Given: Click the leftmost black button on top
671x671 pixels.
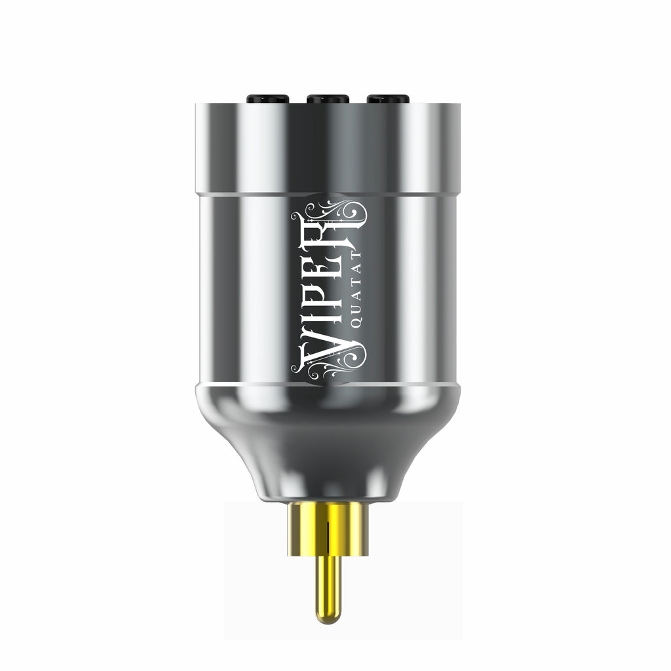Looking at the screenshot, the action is [x=268, y=99].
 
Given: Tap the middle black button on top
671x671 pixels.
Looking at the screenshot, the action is [x=328, y=99].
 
